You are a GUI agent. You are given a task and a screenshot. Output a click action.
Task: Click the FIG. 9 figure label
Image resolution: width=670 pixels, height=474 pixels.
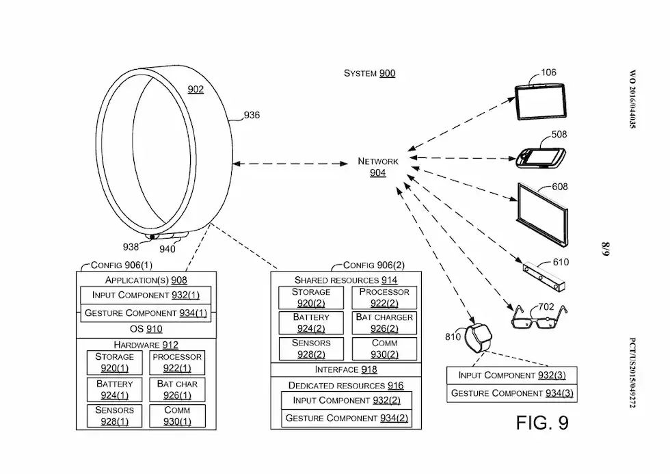pyautogui.click(x=542, y=423)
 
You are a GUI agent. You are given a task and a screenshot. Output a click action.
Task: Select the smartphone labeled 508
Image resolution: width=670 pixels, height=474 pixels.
pyautogui.click(x=542, y=157)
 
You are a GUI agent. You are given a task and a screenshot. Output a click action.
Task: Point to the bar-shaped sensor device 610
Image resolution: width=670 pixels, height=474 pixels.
pyautogui.click(x=546, y=277)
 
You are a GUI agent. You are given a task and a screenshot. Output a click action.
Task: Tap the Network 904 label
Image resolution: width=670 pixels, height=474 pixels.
pyautogui.click(x=378, y=167)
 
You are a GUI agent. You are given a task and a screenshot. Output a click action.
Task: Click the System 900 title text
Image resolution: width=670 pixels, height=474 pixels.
pyautogui.click(x=369, y=73)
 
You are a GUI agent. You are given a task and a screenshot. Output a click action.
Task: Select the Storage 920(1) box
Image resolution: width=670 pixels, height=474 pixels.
pyautogui.click(x=114, y=363)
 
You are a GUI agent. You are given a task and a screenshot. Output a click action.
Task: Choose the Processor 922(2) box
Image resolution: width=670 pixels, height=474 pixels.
pyautogui.click(x=384, y=297)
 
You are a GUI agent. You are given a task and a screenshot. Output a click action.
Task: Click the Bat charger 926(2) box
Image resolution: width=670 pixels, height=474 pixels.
pyautogui.click(x=384, y=323)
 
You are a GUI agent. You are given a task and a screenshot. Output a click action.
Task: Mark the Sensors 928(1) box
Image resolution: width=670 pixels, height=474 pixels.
pyautogui.click(x=114, y=416)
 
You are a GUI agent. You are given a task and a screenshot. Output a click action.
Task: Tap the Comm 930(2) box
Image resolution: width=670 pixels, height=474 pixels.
pyautogui.click(x=384, y=348)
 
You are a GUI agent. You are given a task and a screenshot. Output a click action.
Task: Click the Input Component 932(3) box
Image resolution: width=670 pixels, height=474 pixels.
pyautogui.click(x=511, y=376)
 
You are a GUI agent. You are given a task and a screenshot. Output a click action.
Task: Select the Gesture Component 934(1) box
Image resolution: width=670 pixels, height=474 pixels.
pyautogui.click(x=146, y=313)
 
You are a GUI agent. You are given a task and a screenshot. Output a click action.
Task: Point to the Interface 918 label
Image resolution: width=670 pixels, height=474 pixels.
pyautogui.click(x=346, y=370)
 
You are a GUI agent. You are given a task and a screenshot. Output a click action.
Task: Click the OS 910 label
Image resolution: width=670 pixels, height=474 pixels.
pyautogui.click(x=146, y=329)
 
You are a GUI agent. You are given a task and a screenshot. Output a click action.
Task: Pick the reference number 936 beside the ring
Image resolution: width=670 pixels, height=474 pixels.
pyautogui.click(x=252, y=115)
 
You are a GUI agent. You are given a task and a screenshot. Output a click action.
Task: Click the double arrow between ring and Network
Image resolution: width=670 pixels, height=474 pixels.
pyautogui.click(x=291, y=163)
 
